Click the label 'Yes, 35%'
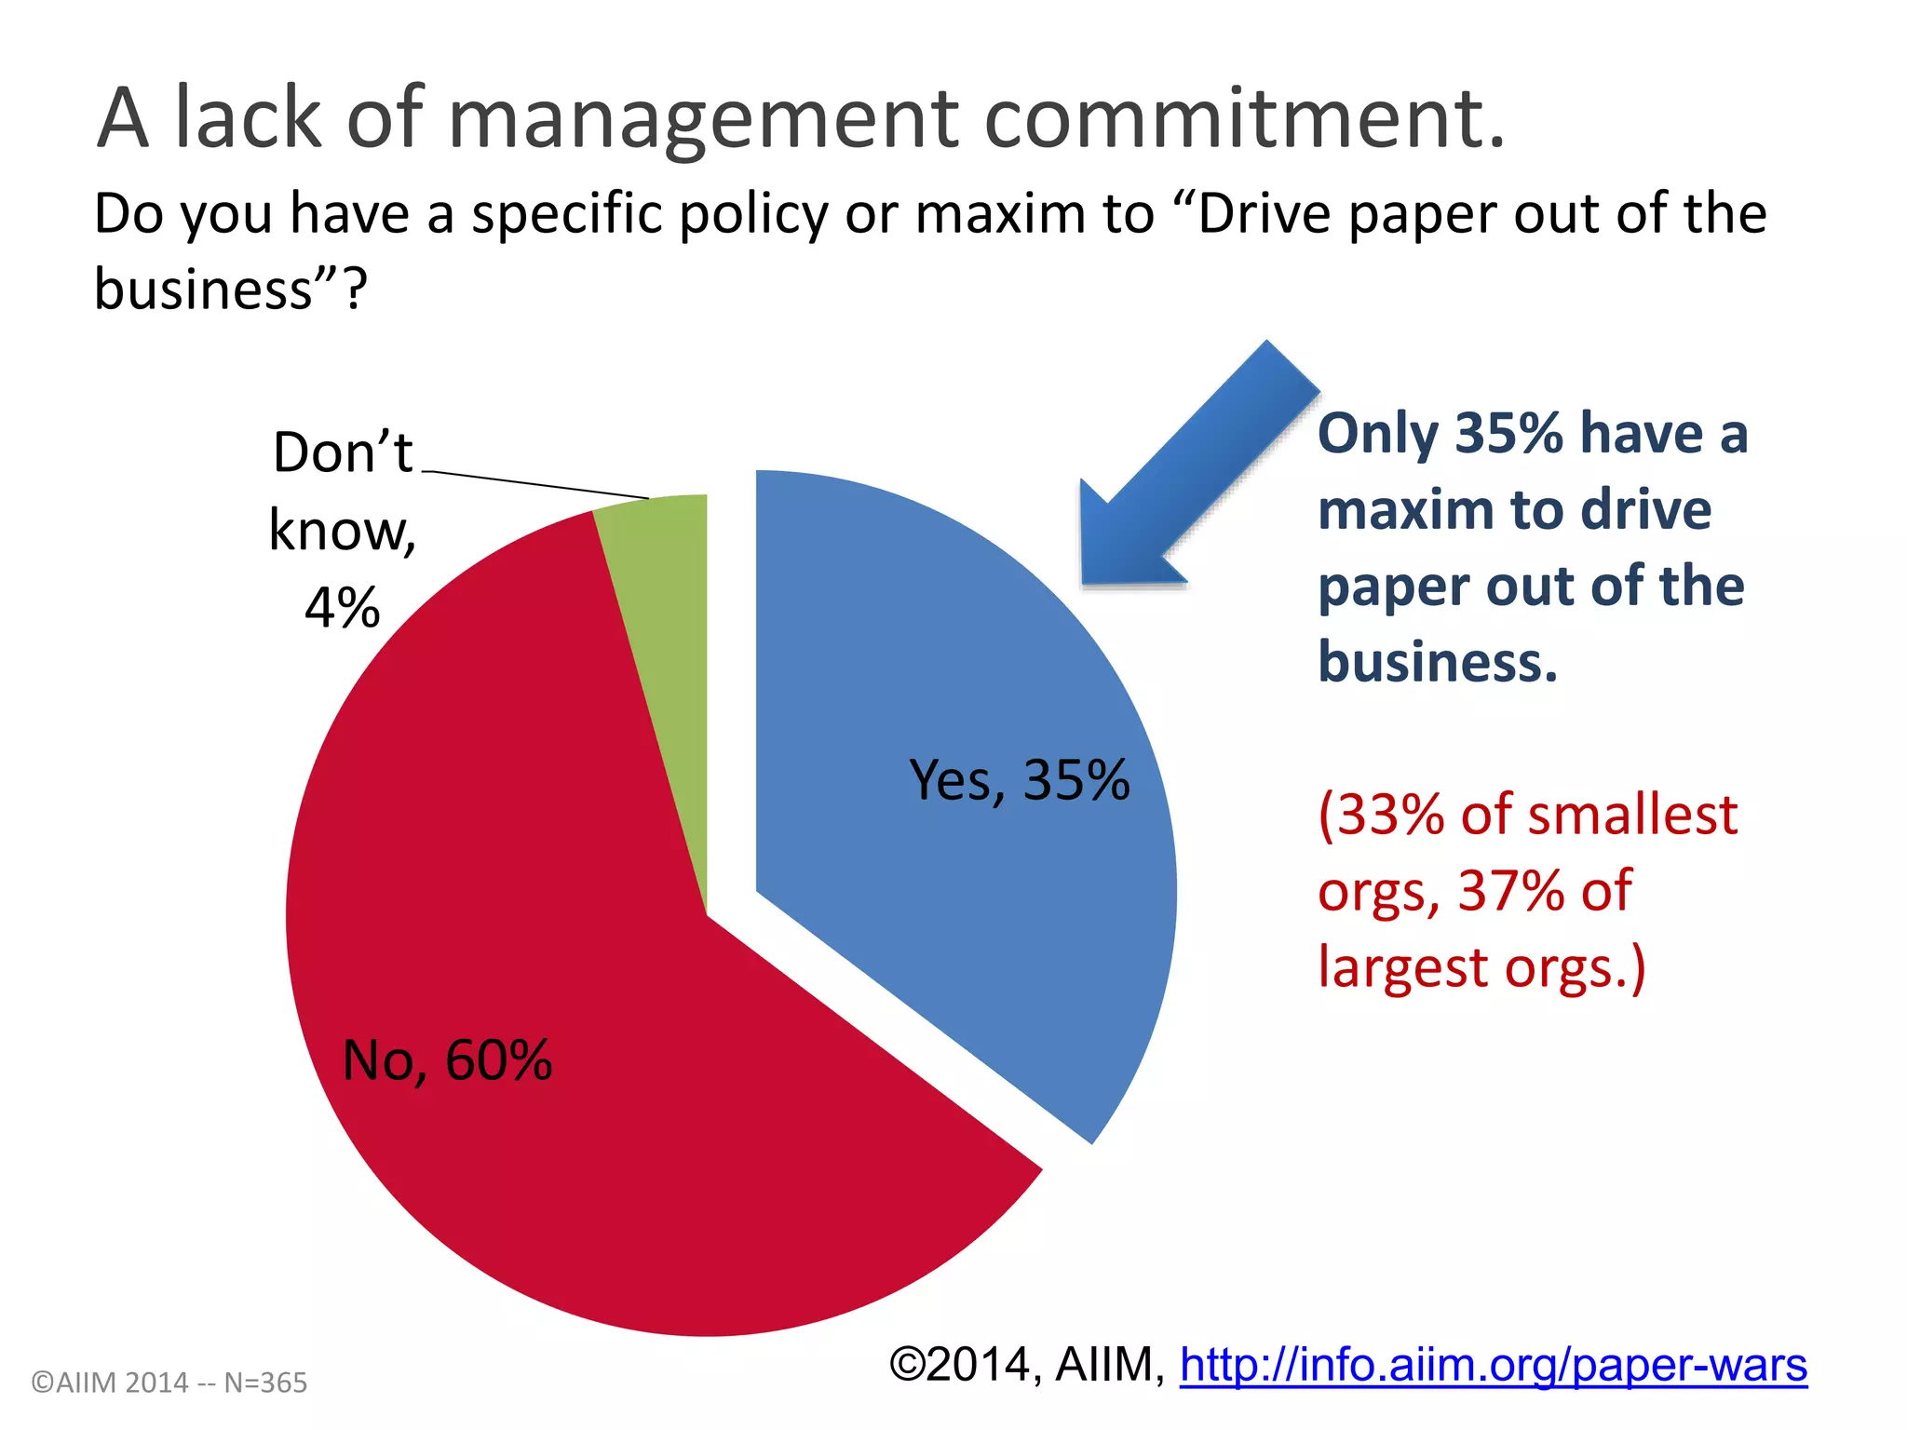click(1019, 780)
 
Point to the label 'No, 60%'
click(447, 1060)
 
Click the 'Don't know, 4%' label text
click(343, 531)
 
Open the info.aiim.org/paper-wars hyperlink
click(1493, 1366)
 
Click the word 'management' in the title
click(703, 119)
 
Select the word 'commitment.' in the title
click(1243, 119)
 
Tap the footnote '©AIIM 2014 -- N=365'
click(169, 1383)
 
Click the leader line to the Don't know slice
click(535, 484)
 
